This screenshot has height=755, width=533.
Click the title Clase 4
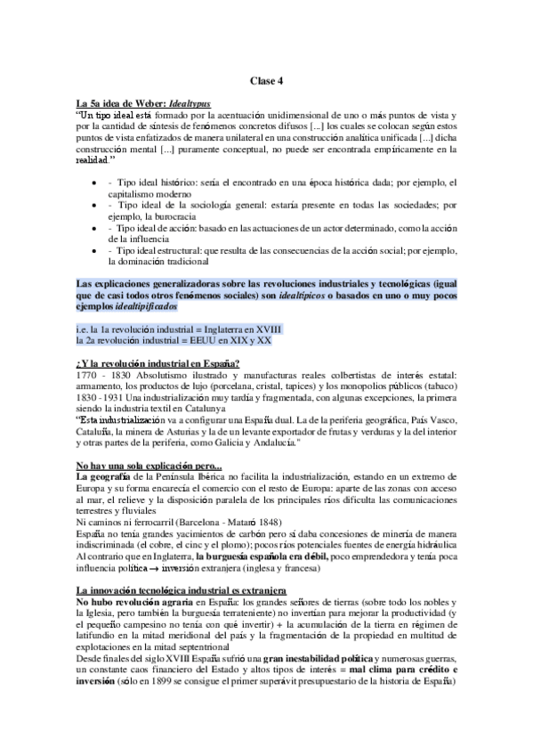(x=266, y=80)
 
